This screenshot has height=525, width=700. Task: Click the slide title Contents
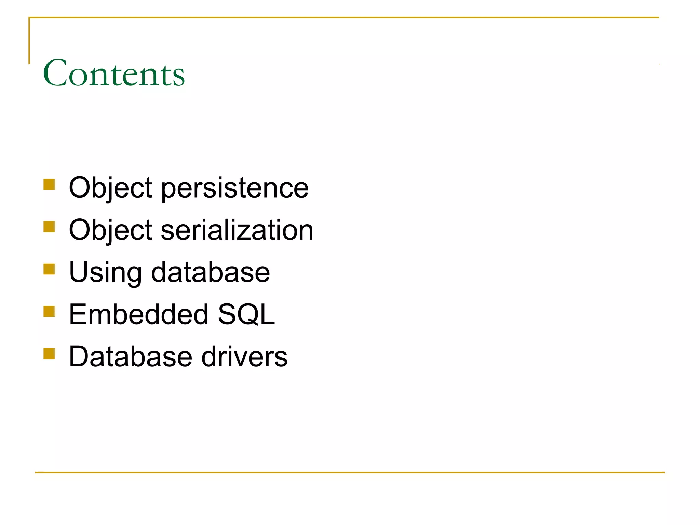click(113, 73)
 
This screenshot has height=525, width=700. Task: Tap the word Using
click(105, 272)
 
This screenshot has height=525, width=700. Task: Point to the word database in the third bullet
click(211, 272)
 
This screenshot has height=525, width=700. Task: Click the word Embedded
click(138, 314)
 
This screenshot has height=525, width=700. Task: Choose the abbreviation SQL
click(246, 314)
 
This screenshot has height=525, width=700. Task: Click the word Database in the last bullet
click(131, 356)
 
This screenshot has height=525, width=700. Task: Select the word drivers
click(245, 356)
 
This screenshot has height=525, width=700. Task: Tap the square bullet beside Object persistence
click(49, 185)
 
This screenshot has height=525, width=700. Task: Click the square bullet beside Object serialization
click(49, 227)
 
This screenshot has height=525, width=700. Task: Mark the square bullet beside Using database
click(49, 269)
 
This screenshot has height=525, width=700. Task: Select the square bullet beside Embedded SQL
click(49, 311)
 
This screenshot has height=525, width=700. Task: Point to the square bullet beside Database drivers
click(49, 353)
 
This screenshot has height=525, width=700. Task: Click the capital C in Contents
click(55, 73)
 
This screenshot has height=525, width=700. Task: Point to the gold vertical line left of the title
click(29, 41)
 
